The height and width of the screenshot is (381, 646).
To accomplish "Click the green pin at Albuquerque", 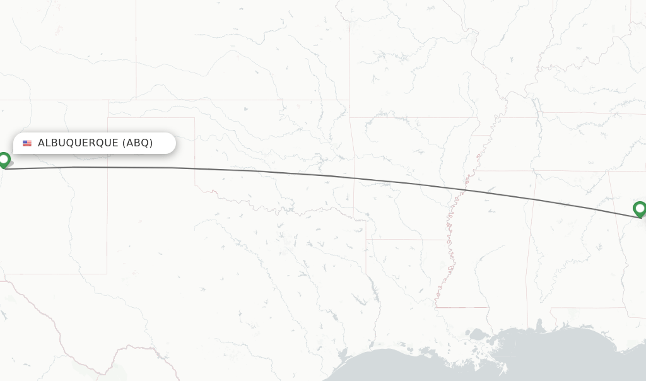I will (4, 160).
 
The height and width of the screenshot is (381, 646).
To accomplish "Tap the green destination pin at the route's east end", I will (640, 209).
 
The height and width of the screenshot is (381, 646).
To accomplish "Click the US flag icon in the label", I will (27, 143).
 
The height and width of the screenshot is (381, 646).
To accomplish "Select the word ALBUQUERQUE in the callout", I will (78, 143).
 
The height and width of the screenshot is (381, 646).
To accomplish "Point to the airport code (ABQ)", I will (138, 143).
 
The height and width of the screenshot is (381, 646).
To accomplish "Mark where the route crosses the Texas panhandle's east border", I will (194, 168).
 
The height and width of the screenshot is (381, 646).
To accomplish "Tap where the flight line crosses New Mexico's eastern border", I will (107, 167).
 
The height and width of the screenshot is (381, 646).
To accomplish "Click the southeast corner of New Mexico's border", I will (107, 273).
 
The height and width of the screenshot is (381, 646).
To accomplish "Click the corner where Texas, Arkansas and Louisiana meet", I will (367, 239).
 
